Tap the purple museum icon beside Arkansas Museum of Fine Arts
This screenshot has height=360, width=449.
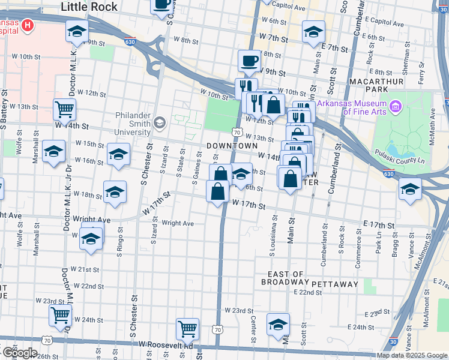(x=395, y=107)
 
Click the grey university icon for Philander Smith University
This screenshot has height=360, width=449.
(x=159, y=123)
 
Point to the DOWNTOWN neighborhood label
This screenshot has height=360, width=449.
(x=232, y=146)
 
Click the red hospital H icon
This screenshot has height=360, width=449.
(x=28, y=25)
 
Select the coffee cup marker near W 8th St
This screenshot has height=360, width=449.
(x=249, y=61)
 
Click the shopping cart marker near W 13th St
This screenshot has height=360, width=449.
(x=64, y=109)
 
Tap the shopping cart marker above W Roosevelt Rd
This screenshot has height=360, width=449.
(x=187, y=329)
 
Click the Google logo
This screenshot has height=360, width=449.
(x=19, y=352)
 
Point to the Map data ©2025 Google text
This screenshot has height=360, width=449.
(x=411, y=355)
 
